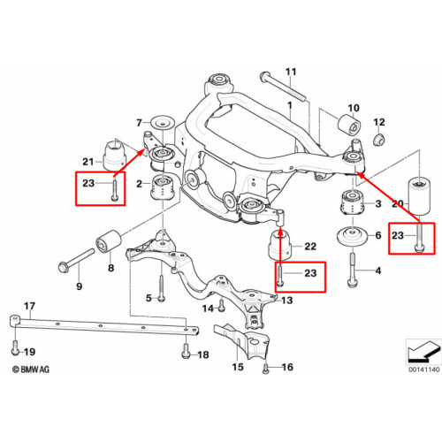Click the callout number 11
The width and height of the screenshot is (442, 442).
[x=291, y=72]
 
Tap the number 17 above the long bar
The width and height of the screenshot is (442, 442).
[x=29, y=306]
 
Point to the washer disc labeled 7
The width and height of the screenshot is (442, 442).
[x=162, y=122]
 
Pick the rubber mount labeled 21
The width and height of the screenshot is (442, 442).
[x=114, y=156]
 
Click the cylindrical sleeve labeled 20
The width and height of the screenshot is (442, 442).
[x=419, y=195]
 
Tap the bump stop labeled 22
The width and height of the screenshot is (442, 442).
[x=280, y=245]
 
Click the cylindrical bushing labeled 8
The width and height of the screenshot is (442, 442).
[x=109, y=241]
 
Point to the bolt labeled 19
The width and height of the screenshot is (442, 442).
[x=15, y=348]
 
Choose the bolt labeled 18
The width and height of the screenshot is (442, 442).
[x=186, y=351]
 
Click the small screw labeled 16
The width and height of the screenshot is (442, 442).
[x=265, y=369]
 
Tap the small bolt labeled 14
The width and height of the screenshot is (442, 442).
[x=222, y=306]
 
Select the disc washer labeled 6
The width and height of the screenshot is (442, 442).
[x=352, y=236]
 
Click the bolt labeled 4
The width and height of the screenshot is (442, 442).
[x=353, y=270]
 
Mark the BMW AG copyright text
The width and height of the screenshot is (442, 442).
[x=31, y=370]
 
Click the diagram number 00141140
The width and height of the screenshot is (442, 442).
[x=423, y=370]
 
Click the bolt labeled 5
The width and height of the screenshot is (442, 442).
[x=162, y=288]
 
